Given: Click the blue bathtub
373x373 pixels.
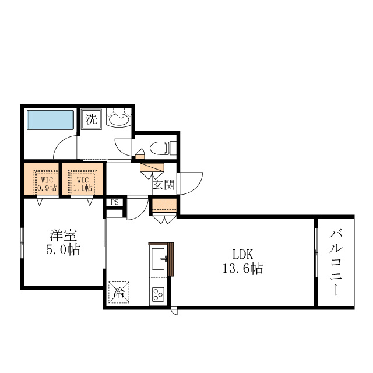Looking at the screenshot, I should point(50,120).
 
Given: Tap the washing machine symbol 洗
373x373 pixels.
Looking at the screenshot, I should point(92,120).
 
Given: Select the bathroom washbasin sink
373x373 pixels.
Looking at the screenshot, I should point(119,119).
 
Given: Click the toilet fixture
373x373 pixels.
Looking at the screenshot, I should point(159,148).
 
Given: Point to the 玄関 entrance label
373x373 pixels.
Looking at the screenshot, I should point(163,185).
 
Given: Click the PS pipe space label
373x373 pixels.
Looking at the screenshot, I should point(114,203).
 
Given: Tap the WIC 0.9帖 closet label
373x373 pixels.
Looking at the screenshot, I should point(46,184).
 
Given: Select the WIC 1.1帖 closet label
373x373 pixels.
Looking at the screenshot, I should point(83,184).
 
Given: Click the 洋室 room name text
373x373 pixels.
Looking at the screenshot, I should point(63,236).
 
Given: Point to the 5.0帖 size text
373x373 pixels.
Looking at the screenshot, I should point(63,251).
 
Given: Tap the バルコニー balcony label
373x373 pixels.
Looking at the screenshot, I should point(335,262).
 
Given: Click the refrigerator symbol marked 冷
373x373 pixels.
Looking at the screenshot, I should point(119,292).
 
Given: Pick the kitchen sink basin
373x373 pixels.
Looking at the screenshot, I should point(158,258).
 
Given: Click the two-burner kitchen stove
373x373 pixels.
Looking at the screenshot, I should point(158,294).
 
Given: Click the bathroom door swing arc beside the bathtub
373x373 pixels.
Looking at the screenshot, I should point(65,148).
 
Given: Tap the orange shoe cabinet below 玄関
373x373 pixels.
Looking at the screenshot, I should point(164,206).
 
